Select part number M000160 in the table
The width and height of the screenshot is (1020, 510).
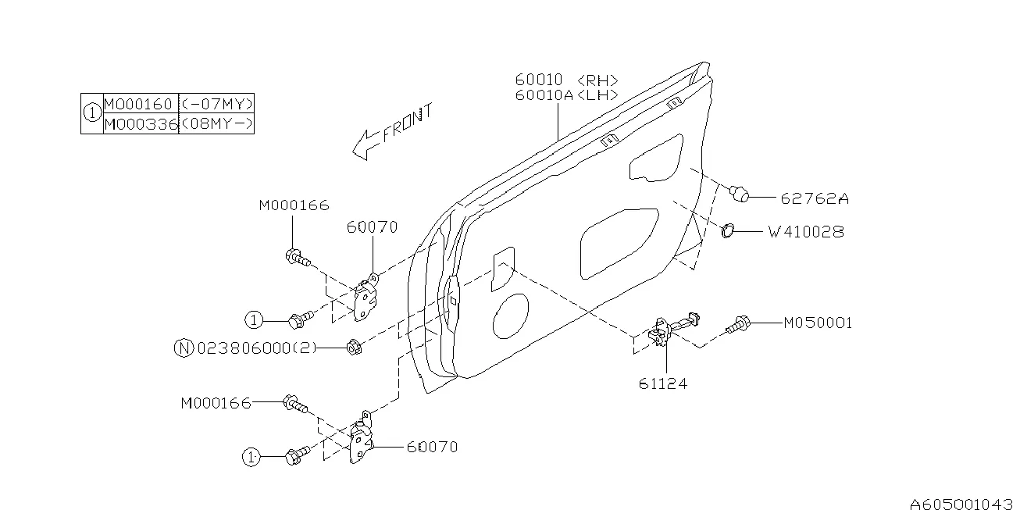(x=141, y=103)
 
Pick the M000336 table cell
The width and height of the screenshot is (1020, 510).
(x=141, y=124)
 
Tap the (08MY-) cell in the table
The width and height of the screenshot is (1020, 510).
(x=216, y=124)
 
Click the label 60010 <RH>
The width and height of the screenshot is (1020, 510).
(x=567, y=80)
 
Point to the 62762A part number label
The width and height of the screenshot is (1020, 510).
(x=814, y=198)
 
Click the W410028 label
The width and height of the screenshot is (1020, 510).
(x=805, y=232)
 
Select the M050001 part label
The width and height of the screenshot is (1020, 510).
(x=818, y=323)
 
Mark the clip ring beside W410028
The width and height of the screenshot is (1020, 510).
(x=726, y=230)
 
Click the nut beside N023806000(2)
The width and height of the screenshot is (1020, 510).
(x=352, y=346)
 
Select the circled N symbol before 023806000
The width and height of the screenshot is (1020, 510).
(x=182, y=348)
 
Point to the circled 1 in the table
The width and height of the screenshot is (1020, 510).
(x=92, y=114)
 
